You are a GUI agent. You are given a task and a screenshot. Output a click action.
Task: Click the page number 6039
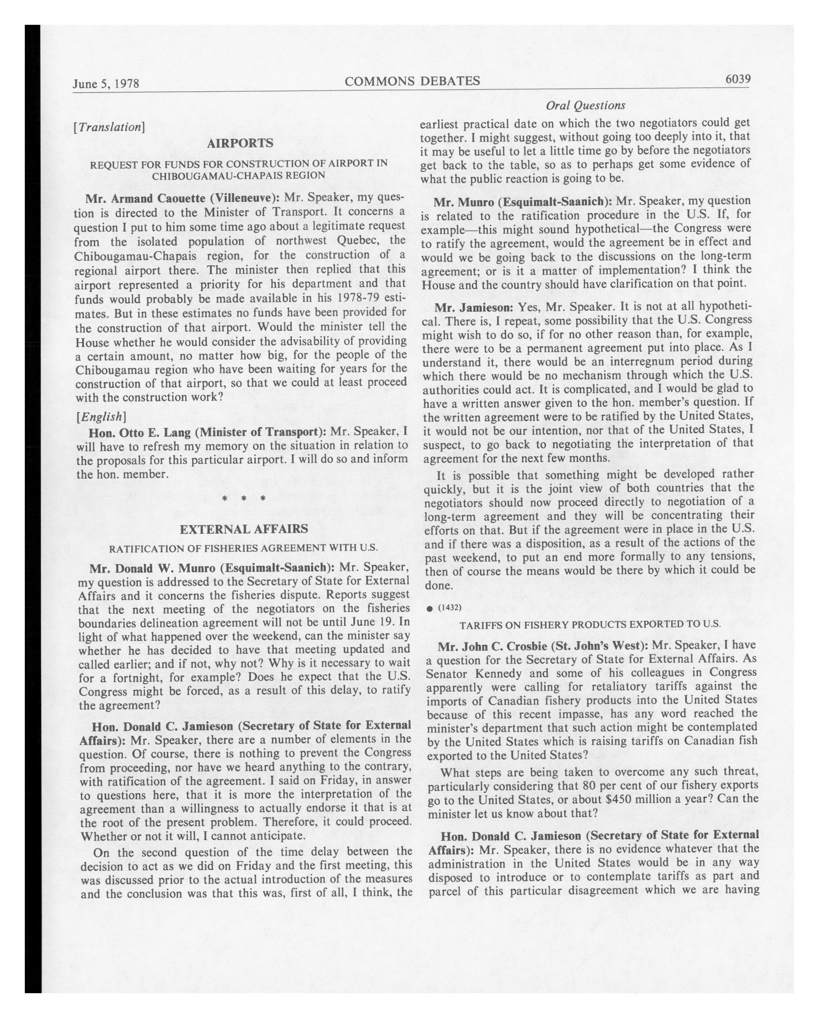tap(737, 79)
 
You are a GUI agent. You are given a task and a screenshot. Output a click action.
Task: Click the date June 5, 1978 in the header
tap(106, 84)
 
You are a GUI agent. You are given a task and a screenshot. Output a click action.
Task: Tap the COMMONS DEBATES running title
tap(412, 81)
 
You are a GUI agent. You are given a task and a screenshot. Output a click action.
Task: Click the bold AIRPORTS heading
tap(240, 143)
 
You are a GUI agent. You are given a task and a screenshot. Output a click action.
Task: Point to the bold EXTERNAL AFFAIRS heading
tap(244, 529)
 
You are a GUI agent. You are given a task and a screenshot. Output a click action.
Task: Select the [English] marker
tap(101, 416)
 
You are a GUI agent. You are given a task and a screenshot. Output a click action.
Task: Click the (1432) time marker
tap(449, 608)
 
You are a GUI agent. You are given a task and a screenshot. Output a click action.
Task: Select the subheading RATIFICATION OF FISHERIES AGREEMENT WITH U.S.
tap(244, 549)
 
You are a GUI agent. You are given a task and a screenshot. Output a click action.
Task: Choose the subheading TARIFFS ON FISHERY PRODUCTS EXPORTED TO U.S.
tap(590, 624)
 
